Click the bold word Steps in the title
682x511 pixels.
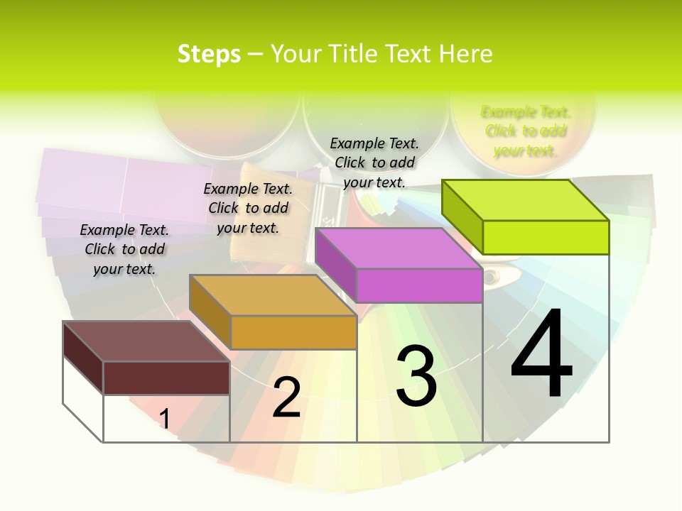click(x=209, y=54)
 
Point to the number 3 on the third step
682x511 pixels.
click(x=416, y=377)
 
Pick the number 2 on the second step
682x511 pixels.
click(x=286, y=398)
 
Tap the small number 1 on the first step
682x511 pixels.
click(x=164, y=419)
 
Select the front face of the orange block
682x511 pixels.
click(x=293, y=332)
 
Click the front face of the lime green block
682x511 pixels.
click(x=546, y=237)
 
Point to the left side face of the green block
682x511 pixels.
click(x=462, y=211)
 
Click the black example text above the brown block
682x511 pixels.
click(x=124, y=249)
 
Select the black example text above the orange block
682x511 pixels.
click(x=248, y=208)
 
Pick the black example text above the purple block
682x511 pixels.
click(x=374, y=163)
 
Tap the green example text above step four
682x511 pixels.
click(x=526, y=131)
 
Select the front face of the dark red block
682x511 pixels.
click(x=166, y=378)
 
